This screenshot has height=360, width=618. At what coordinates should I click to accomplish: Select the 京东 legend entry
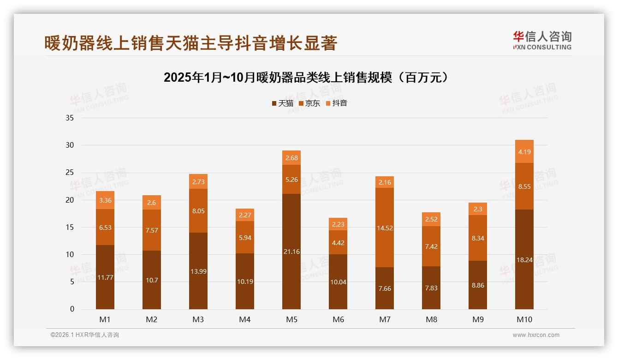(x=309, y=103)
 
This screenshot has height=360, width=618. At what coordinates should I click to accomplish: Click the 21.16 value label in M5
(x=291, y=252)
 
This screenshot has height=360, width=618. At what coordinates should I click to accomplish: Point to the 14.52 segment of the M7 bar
(x=385, y=228)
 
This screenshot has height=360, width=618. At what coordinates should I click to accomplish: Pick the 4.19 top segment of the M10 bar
(x=524, y=151)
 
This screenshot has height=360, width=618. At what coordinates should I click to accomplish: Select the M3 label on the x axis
(x=198, y=319)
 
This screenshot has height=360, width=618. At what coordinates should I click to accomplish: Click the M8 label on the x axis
(x=431, y=319)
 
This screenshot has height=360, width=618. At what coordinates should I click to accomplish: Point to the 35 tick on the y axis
(x=70, y=118)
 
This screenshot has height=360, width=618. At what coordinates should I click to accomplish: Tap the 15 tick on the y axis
(x=70, y=227)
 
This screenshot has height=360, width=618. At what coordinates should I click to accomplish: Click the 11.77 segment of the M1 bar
(x=105, y=277)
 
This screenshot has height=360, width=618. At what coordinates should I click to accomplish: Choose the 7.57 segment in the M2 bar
(x=152, y=230)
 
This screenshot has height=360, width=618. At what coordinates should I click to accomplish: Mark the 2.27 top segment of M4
(x=245, y=215)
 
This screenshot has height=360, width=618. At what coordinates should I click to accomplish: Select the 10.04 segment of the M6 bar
(x=338, y=282)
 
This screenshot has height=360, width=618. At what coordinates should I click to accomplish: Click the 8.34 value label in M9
(x=478, y=238)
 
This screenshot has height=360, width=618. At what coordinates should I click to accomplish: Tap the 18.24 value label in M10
(x=524, y=260)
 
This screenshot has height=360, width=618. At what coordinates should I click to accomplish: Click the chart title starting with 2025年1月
(x=306, y=78)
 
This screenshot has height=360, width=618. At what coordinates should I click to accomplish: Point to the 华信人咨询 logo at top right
(x=542, y=40)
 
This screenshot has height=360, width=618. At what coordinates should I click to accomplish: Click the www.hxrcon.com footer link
(x=536, y=335)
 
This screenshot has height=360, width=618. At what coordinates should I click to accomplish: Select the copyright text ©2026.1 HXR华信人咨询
(x=85, y=335)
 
